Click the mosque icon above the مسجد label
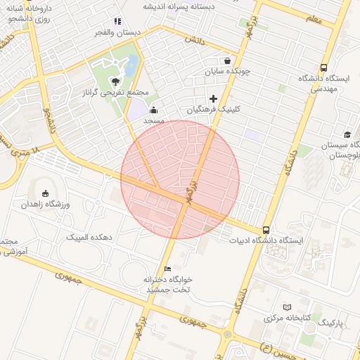(154, 110)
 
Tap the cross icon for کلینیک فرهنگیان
(213, 98)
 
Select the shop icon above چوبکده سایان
(226, 60)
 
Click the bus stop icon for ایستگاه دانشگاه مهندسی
(323, 68)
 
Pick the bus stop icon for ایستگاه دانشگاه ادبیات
(266, 230)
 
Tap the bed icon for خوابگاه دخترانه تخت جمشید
(167, 269)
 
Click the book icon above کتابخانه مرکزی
(286, 307)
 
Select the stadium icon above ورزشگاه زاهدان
(46, 193)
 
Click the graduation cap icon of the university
(347, 134)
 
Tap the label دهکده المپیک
(89, 238)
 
